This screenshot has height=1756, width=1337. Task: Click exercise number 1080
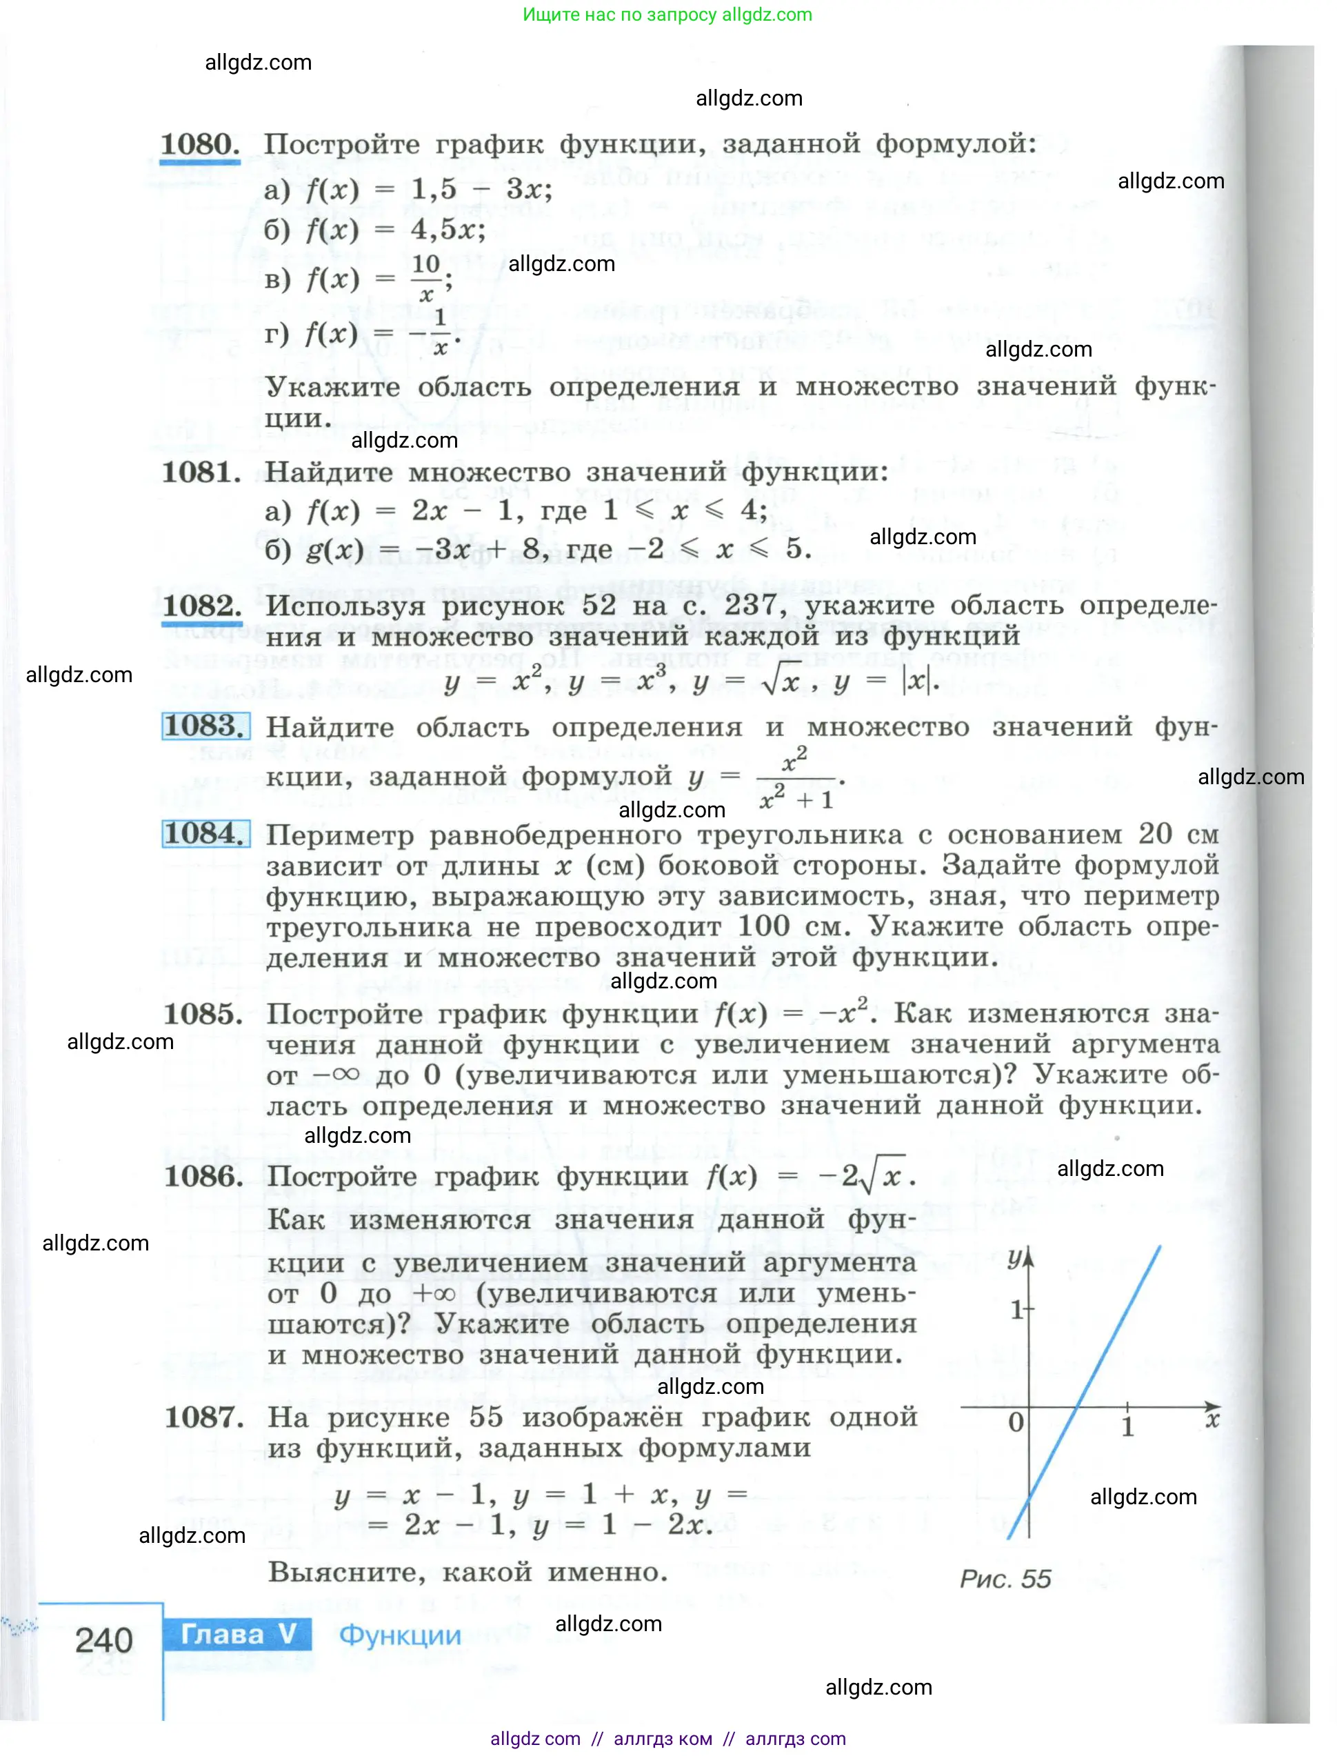(x=200, y=144)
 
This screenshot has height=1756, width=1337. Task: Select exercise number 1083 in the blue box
(x=205, y=726)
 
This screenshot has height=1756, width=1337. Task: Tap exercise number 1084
(x=205, y=833)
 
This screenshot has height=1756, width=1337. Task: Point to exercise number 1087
(x=203, y=1417)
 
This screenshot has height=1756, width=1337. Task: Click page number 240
(x=103, y=1641)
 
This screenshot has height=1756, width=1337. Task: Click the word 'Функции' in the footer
(x=399, y=1635)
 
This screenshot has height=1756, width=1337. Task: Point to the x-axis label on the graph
(x=1212, y=1420)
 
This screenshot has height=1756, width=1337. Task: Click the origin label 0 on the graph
(x=1016, y=1421)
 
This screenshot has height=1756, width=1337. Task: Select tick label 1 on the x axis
(x=1127, y=1427)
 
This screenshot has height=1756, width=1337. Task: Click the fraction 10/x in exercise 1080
(x=427, y=278)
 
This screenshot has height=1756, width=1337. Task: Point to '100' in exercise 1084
(x=763, y=926)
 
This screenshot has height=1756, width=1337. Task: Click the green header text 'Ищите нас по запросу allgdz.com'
(x=667, y=14)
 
